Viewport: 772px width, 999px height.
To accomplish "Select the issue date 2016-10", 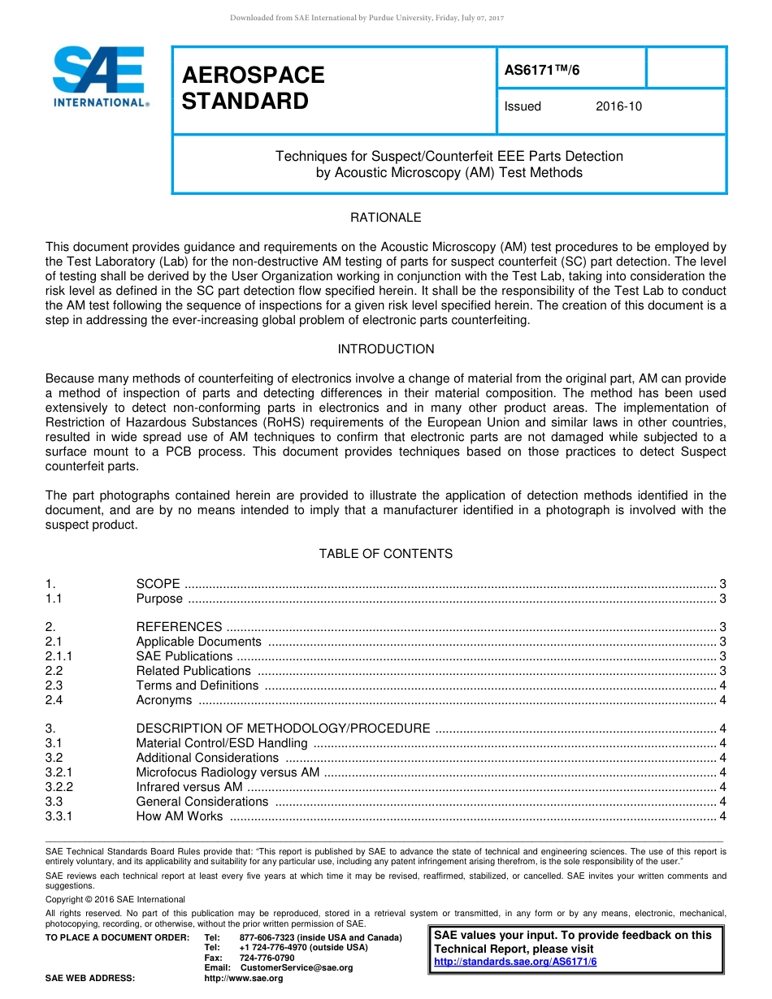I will point(618,106).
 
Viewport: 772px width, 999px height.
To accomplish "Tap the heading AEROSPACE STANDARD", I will point(253,88).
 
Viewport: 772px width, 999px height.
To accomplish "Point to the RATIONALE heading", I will point(385,218).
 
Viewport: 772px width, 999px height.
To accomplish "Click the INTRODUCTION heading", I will point(385,349).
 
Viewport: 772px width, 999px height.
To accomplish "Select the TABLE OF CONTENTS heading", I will point(385,554).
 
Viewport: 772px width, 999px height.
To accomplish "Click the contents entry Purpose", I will point(159,599).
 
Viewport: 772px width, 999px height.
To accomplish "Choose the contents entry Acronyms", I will point(164,700).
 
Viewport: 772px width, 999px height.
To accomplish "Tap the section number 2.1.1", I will point(59,656).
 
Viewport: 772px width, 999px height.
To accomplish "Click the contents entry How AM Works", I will point(179,816).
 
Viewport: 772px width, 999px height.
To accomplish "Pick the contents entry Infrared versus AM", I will point(189,787).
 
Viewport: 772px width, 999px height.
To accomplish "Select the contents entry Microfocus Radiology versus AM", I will point(228,772).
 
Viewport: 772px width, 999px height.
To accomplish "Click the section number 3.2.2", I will point(59,787).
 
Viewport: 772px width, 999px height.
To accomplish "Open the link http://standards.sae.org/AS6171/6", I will point(515,962).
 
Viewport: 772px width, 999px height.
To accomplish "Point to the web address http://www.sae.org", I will point(243,979).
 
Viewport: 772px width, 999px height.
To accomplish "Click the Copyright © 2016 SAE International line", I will point(115,899).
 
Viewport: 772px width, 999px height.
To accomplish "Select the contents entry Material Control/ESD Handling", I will point(222,743).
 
